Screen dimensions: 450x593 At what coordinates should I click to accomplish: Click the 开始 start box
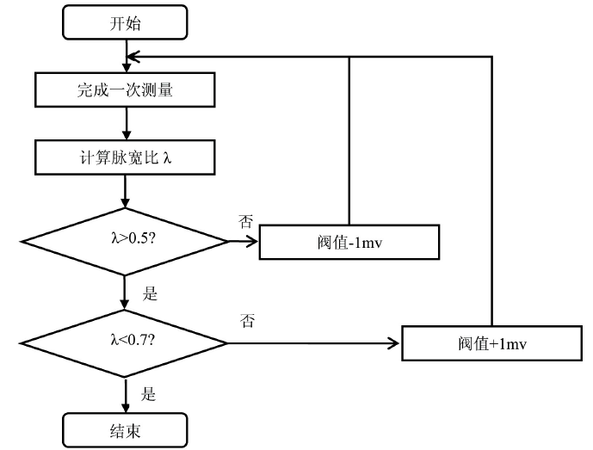click(x=126, y=23)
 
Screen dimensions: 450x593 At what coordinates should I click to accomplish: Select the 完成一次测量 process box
click(x=126, y=88)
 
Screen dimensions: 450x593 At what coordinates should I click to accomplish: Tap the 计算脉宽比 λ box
click(x=126, y=157)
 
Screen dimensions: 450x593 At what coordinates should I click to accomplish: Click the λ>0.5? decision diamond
click(x=126, y=241)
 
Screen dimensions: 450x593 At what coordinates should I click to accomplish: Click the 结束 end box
click(x=126, y=428)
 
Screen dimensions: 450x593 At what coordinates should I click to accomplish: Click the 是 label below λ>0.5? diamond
click(x=150, y=293)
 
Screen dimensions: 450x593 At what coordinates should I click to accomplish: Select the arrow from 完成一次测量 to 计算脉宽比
click(x=126, y=122)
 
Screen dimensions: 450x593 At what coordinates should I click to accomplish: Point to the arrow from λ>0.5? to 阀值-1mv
click(x=244, y=242)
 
